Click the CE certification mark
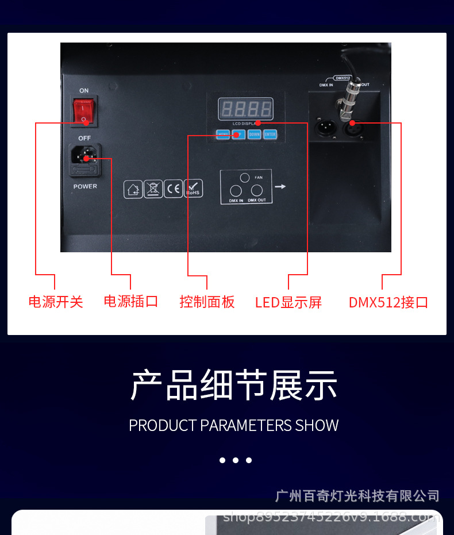pyautogui.click(x=173, y=188)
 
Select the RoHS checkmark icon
pyautogui.click(x=193, y=188)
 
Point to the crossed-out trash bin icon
pyautogui.click(x=153, y=188)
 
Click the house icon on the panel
pyautogui.click(x=133, y=188)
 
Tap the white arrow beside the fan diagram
pyautogui.click(x=280, y=186)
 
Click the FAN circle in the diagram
pyautogui.click(x=245, y=178)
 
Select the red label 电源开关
pyautogui.click(x=56, y=302)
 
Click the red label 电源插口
pyautogui.click(x=131, y=301)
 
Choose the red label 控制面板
pyautogui.click(x=207, y=302)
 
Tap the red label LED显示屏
pyautogui.click(x=288, y=302)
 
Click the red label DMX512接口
pyautogui.click(x=388, y=302)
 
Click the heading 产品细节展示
pyautogui.click(x=234, y=385)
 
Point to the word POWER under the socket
pyautogui.click(x=85, y=186)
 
